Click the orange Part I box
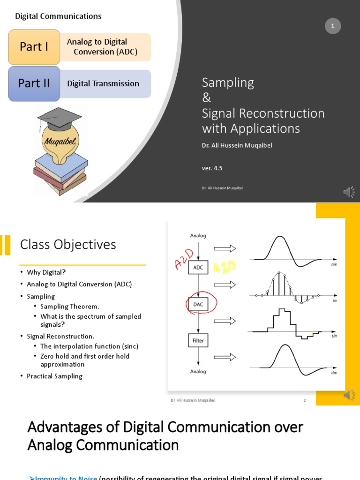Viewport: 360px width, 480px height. (34, 47)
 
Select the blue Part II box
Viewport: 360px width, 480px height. (34, 83)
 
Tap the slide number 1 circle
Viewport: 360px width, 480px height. (332, 26)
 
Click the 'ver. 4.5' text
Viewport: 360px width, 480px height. (212, 167)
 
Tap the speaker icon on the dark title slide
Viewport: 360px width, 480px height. (349, 192)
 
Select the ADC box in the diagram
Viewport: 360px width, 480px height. (198, 268)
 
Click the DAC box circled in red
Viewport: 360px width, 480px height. (198, 304)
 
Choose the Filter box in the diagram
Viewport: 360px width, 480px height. (198, 340)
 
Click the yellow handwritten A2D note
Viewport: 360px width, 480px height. (224, 268)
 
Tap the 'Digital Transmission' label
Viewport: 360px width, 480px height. (103, 83)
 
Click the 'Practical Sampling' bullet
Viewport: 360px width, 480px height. (54, 376)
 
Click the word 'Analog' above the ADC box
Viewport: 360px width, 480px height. (198, 236)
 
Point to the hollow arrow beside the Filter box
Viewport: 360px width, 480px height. (225, 357)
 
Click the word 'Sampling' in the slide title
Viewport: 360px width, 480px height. (228, 82)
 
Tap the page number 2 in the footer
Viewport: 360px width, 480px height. (304, 400)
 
